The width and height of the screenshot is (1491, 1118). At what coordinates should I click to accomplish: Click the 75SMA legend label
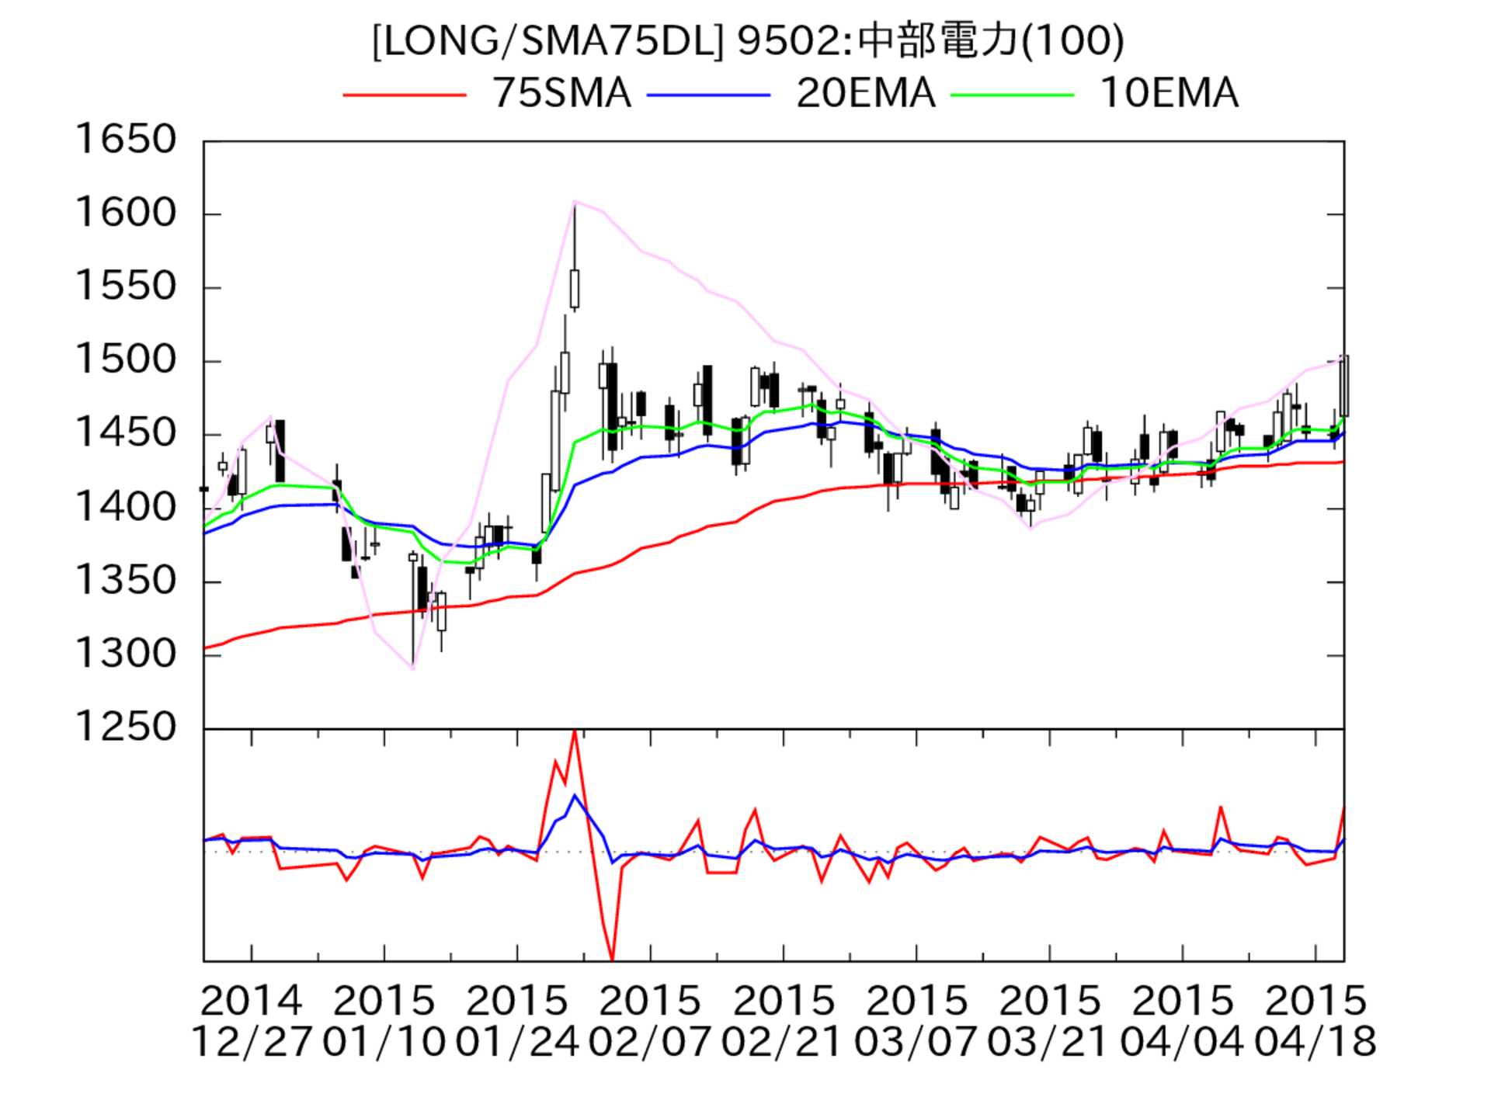561,94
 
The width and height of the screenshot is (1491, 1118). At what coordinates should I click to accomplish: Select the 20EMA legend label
865,94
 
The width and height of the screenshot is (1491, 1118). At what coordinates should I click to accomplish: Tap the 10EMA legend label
1169,94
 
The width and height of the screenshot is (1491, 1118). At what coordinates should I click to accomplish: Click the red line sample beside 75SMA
405,95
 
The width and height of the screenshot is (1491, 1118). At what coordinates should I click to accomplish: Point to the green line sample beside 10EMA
1013,95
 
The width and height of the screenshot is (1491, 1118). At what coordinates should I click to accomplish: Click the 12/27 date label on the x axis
251,1041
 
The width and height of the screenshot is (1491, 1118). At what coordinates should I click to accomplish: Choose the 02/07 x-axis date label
649,1041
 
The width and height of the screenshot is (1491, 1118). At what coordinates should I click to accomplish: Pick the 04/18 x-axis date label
1315,1041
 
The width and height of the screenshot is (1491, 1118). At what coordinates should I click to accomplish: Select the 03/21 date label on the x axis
1048,1041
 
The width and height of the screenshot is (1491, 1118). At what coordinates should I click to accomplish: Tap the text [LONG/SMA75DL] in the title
547,40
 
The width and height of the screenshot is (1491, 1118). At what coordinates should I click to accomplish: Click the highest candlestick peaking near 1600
575,289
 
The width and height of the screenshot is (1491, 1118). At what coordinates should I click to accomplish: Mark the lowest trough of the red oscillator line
613,959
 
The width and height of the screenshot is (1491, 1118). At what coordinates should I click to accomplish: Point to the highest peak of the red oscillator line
574,731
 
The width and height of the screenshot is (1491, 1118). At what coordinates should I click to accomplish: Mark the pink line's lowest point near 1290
413,668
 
